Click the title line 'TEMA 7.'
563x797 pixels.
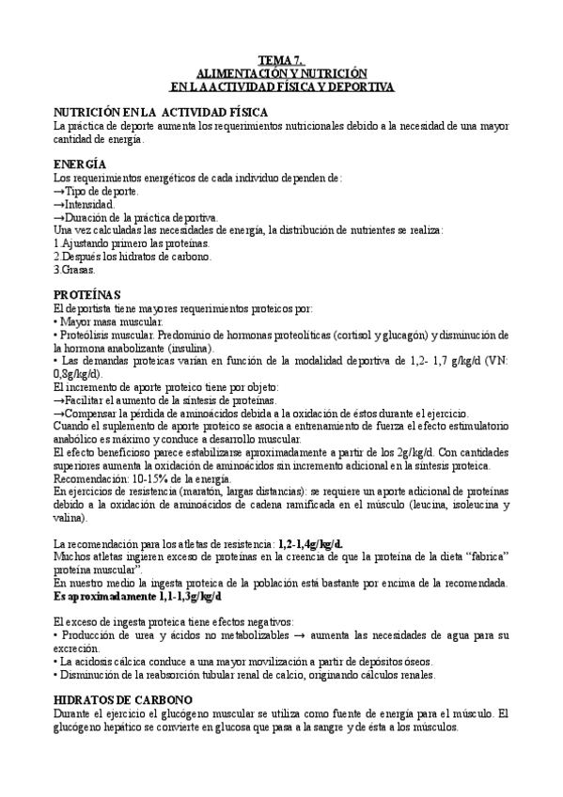click(280, 61)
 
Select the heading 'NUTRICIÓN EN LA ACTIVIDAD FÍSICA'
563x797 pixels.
click(161, 112)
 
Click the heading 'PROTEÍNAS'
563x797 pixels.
click(87, 294)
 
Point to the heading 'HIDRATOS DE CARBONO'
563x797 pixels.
click(123, 699)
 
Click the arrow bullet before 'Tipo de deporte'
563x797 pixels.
click(59, 191)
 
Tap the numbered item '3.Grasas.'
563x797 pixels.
click(74, 269)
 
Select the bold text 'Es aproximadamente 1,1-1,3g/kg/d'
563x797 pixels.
click(137, 596)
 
